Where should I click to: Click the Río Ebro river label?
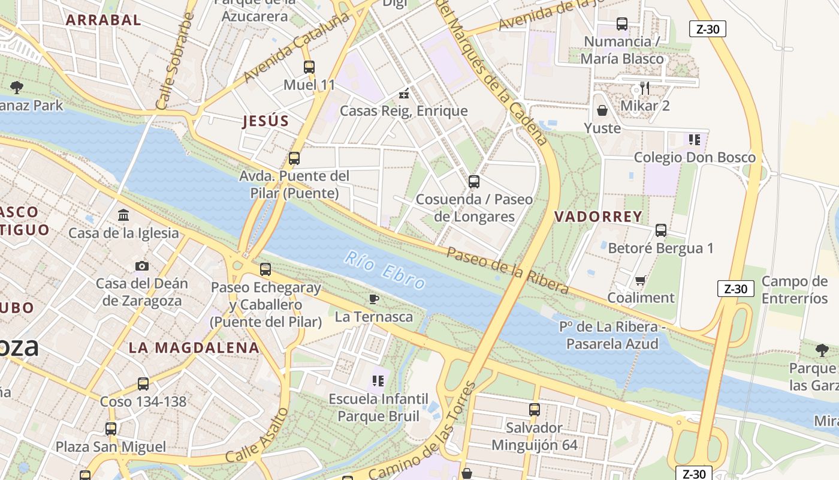tap(385, 271)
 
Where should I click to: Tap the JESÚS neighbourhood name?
tap(265, 121)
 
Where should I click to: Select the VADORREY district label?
tap(598, 217)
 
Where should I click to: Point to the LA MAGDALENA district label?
tap(194, 347)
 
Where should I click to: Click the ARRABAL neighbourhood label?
tap(103, 20)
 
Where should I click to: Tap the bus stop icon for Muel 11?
tap(309, 67)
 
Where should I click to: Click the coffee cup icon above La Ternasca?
tap(374, 299)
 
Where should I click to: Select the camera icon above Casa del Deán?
tap(142, 266)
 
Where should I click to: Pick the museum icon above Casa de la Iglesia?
tap(123, 215)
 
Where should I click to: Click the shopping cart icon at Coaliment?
tap(641, 280)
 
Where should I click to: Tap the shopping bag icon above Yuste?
tap(602, 110)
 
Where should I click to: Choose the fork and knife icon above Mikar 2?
tap(644, 88)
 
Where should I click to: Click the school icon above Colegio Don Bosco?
tap(695, 140)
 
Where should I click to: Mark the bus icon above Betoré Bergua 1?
tap(661, 230)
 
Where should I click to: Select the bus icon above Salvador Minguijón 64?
tap(535, 410)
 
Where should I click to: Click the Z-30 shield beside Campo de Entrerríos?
tap(735, 289)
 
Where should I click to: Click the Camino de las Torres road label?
tap(422, 433)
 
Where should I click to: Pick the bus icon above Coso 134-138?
tap(143, 384)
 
